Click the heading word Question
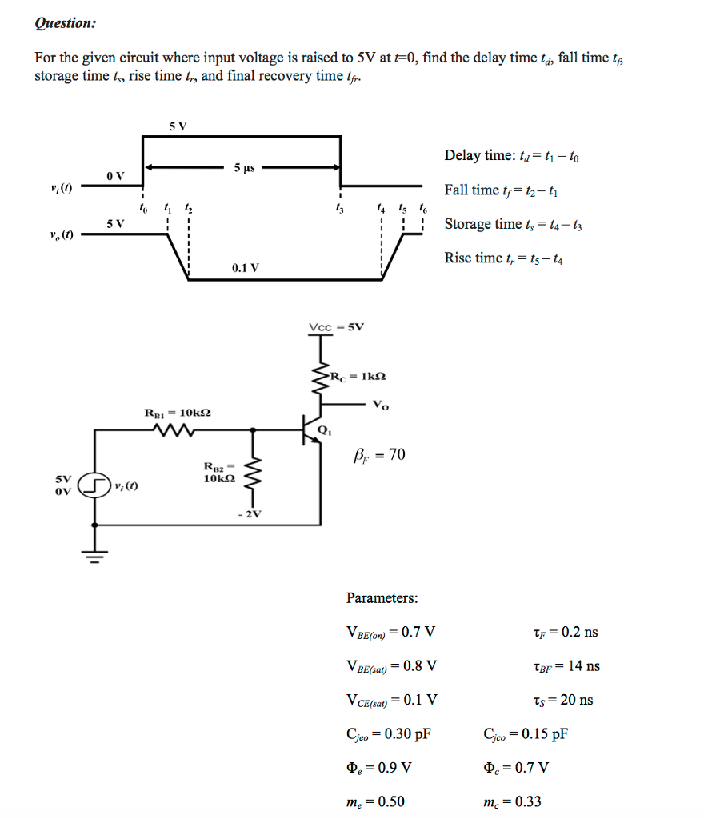[65, 23]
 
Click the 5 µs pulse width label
[244, 168]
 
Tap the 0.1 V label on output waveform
[244, 268]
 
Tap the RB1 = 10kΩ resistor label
[178, 413]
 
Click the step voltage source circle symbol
[95, 485]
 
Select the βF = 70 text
[378, 456]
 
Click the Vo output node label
[382, 405]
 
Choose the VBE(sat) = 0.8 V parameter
[391, 665]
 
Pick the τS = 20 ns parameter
[562, 700]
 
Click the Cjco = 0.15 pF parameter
[526, 733]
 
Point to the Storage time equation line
[514, 224]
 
